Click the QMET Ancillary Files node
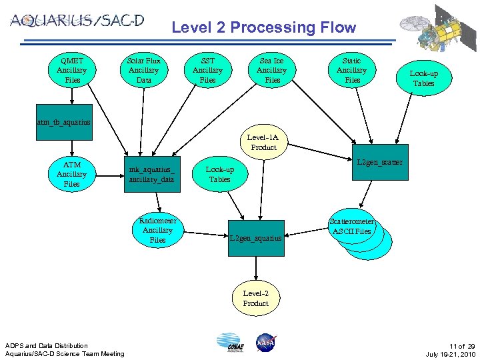pyautogui.click(x=71, y=70)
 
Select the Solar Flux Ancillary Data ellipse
pyautogui.click(x=143, y=70)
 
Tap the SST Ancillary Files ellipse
pyautogui.click(x=207, y=70)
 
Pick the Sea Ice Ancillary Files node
pyautogui.click(x=271, y=70)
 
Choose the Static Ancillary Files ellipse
pyautogui.click(x=351, y=70)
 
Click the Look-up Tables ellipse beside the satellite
pyautogui.click(x=423, y=79)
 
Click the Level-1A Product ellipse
pyautogui.click(x=262, y=142)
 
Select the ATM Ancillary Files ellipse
pyautogui.click(x=71, y=174)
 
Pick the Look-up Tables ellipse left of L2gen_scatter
pyautogui.click(x=219, y=174)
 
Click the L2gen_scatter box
pyautogui.click(x=380, y=163)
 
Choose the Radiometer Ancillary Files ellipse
pyautogui.click(x=157, y=230)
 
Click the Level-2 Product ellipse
pyautogui.click(x=255, y=298)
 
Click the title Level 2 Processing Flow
pyautogui.click(x=263, y=27)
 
